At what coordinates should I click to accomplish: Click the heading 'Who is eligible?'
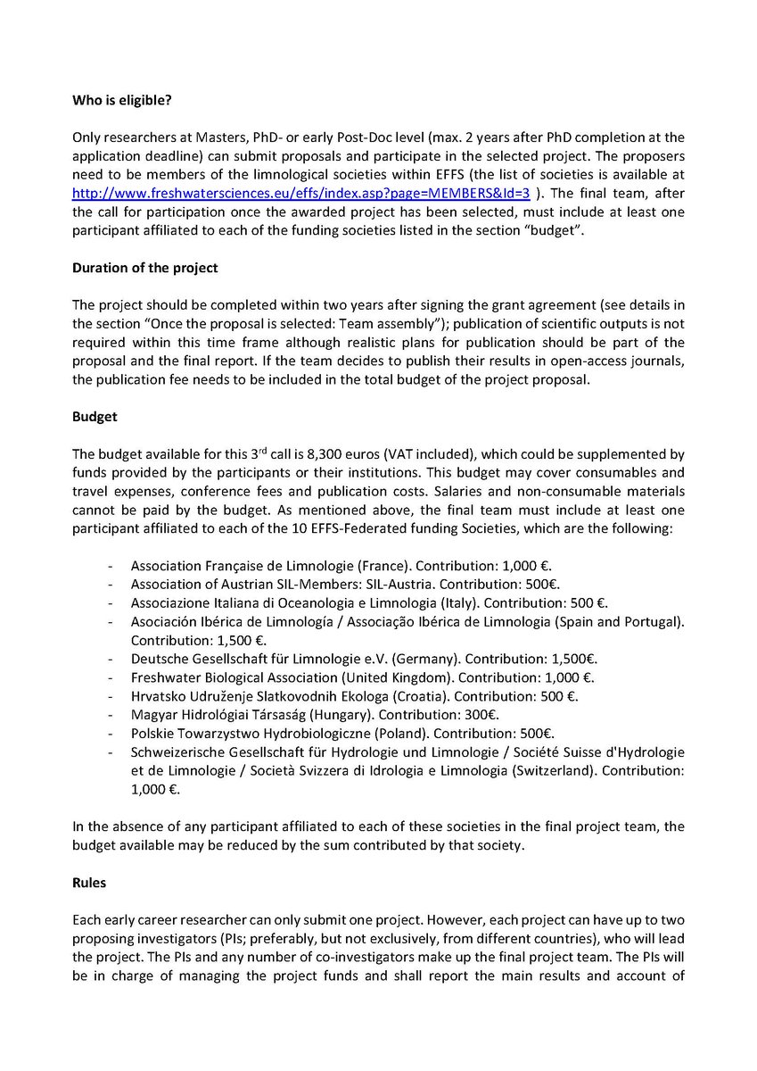pos(122,101)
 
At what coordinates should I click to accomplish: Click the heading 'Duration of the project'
pos(138,267)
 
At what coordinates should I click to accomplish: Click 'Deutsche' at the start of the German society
pos(158,659)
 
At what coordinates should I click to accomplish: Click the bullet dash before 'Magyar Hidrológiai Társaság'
pos(109,715)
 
